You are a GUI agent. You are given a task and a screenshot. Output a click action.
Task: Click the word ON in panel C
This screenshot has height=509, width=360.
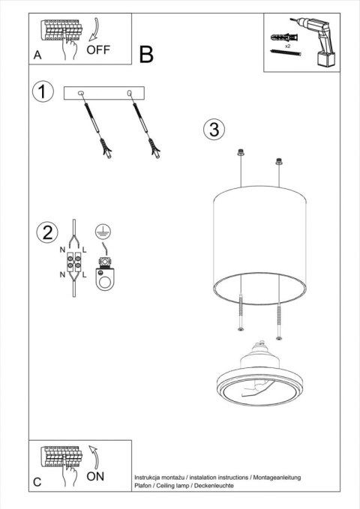click(95, 477)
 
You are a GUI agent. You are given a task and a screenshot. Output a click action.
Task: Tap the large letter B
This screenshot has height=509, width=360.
click(146, 54)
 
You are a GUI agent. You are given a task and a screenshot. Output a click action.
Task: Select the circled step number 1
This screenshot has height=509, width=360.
click(43, 92)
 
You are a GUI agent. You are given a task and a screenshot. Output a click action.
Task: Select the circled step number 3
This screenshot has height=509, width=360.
click(214, 130)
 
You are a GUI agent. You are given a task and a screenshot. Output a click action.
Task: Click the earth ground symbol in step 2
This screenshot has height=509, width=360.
click(103, 232)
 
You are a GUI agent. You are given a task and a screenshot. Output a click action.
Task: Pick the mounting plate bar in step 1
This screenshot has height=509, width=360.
click(106, 93)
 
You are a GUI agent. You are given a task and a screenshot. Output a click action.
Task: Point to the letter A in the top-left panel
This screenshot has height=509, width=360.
click(37, 55)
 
